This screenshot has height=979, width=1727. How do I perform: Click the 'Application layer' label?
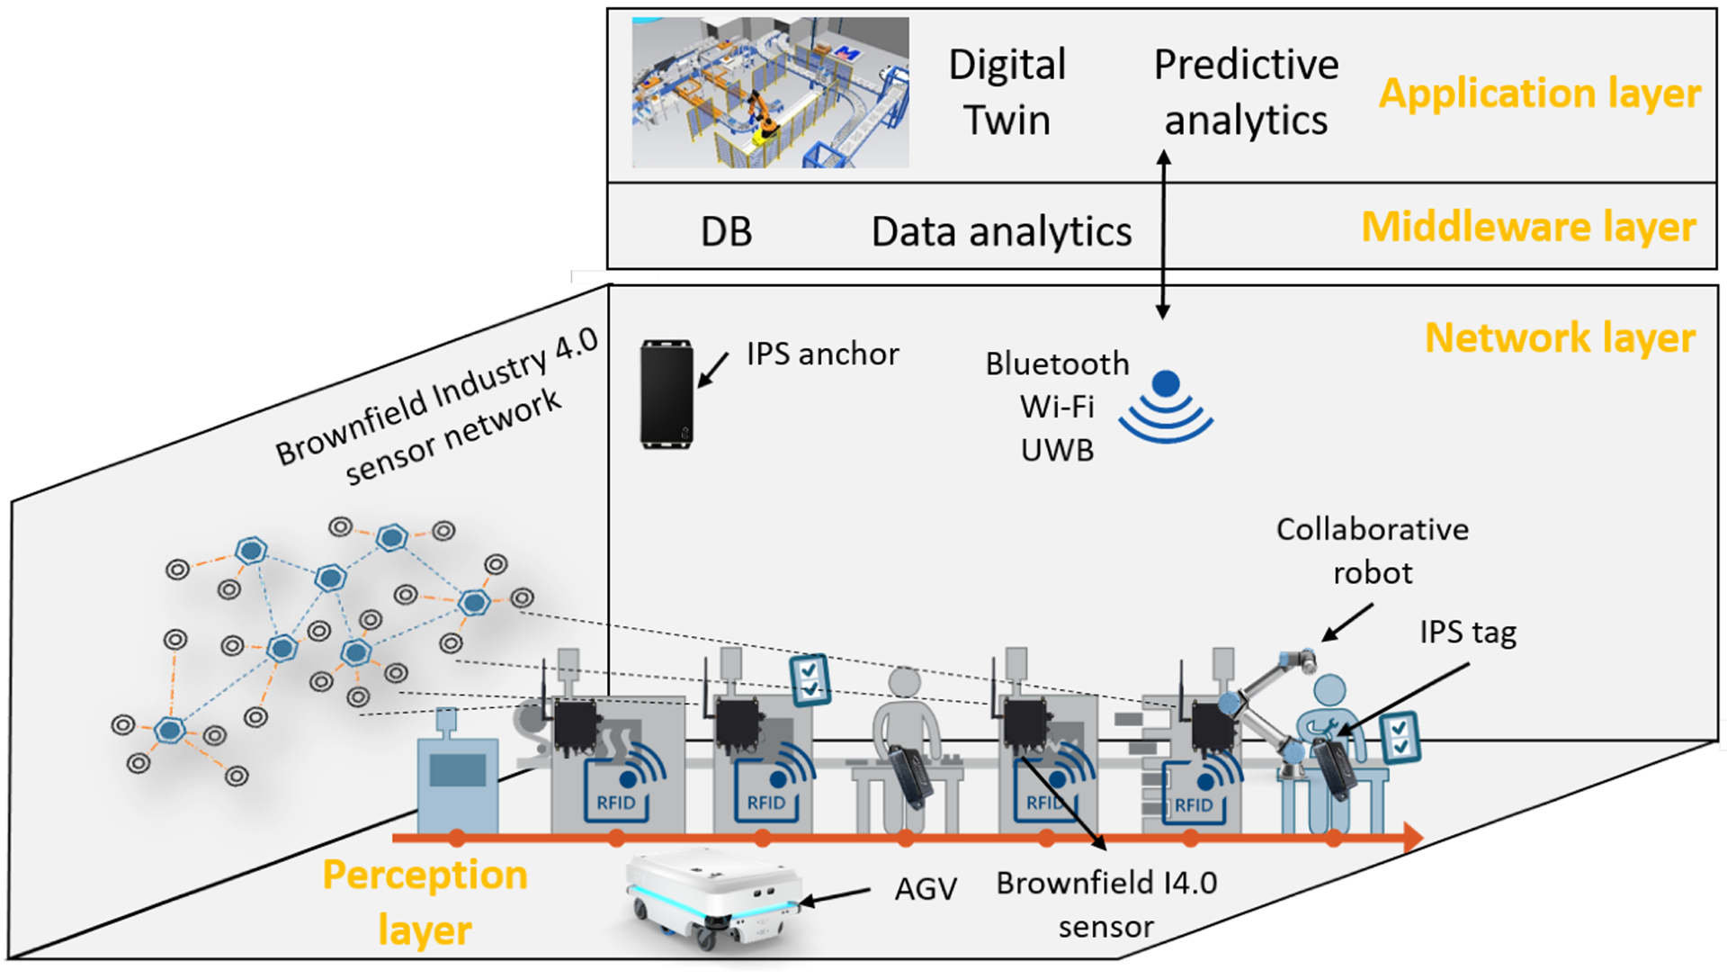[1539, 94]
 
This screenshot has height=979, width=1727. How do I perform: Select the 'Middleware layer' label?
[1528, 227]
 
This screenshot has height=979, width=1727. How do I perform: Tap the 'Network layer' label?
[1561, 338]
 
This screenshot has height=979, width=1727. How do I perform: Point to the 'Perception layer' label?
[425, 902]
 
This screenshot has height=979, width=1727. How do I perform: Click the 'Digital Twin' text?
[1007, 92]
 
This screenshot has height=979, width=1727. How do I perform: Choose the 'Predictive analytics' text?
[1246, 92]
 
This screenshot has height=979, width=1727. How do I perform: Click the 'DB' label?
[726, 232]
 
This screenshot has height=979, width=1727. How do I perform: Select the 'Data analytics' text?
[1001, 232]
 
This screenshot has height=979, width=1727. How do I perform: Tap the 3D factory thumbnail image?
[770, 93]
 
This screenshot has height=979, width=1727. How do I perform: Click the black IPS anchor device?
[667, 394]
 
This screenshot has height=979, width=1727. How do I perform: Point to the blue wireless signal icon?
[1166, 407]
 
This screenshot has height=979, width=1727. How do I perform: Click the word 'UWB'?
[1057, 450]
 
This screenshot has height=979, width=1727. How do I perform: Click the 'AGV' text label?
[926, 889]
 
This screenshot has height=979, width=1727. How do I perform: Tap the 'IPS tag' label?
[1468, 633]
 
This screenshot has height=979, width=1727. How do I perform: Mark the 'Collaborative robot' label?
[1373, 551]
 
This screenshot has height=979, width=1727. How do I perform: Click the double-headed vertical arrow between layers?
[1163, 234]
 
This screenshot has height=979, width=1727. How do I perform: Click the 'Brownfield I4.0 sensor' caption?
[1106, 904]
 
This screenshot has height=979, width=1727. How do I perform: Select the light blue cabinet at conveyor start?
[458, 774]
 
